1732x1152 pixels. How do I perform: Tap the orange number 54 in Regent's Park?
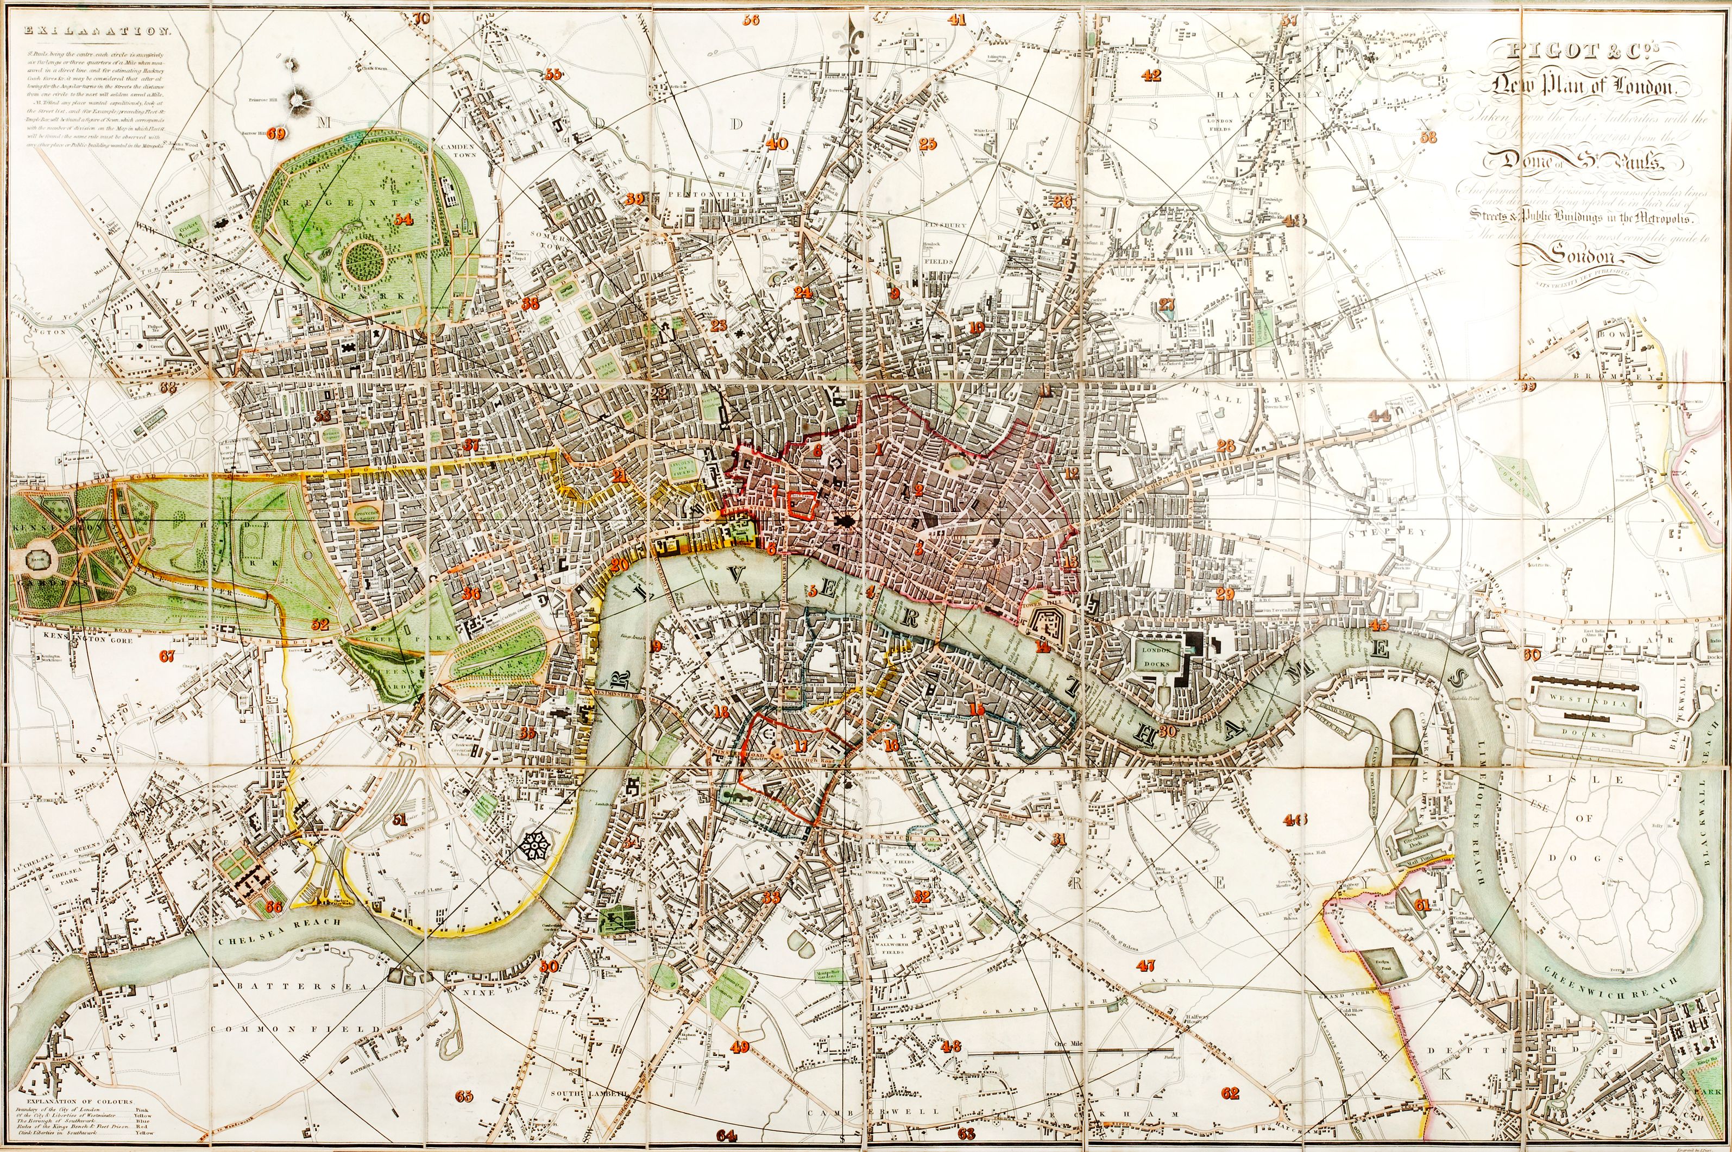tap(402, 219)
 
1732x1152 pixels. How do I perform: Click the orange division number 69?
tap(277, 133)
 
